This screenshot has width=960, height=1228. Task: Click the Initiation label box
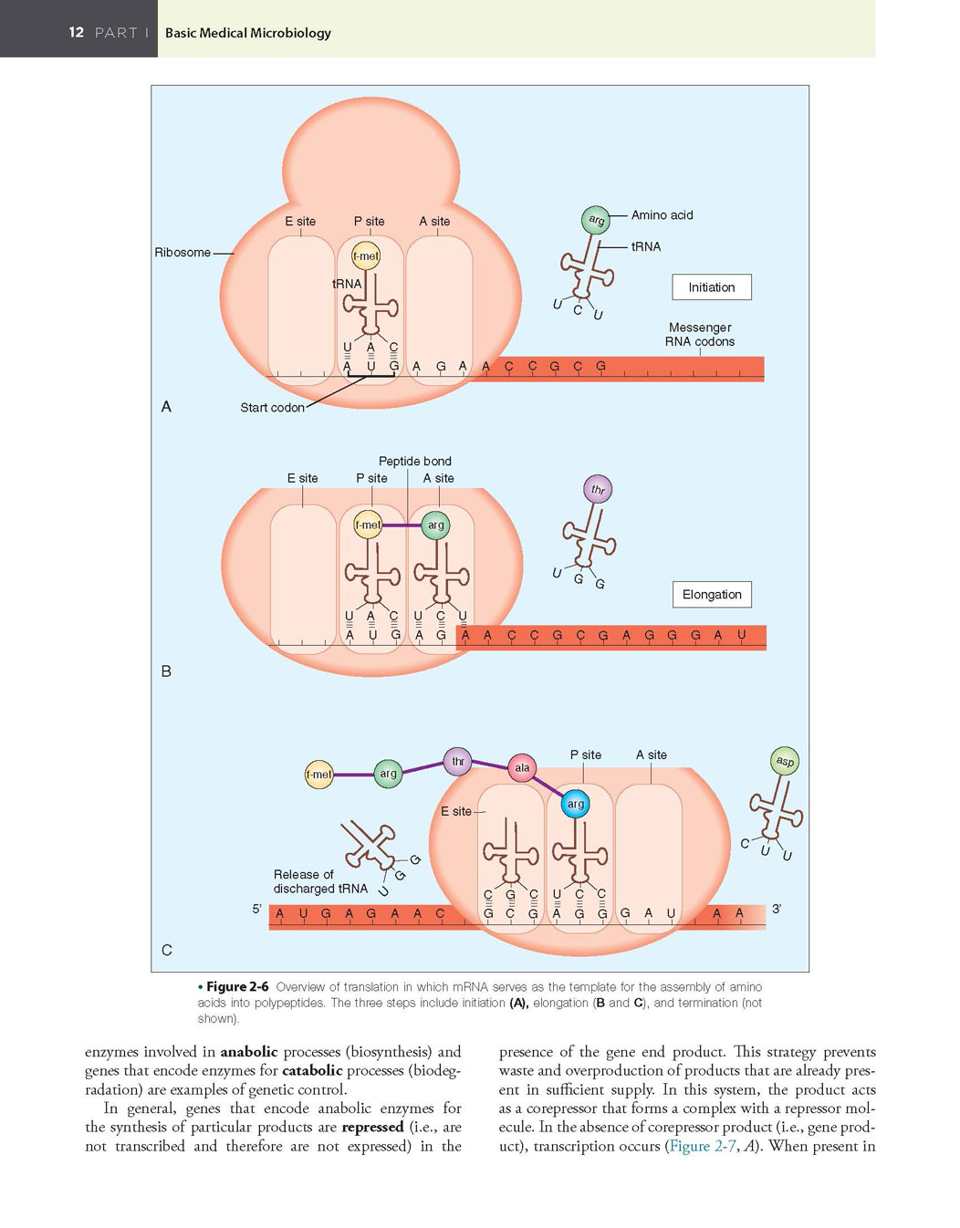[x=712, y=287]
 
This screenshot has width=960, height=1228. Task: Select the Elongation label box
[x=712, y=595]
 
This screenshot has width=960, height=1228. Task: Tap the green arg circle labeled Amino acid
[x=596, y=220]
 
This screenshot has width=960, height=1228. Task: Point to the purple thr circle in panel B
[x=598, y=489]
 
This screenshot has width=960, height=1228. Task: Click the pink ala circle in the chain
[x=522, y=768]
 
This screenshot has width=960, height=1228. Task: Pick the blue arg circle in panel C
[x=575, y=804]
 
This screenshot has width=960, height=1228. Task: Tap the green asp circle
[x=785, y=761]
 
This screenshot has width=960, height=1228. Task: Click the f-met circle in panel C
[x=318, y=775]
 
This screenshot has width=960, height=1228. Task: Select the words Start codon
[x=272, y=408]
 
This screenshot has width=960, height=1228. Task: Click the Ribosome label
[x=183, y=253]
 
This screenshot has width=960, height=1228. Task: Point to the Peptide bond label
[x=414, y=461]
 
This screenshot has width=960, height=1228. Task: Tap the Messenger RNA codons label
[x=700, y=335]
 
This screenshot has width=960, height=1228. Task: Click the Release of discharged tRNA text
[x=320, y=881]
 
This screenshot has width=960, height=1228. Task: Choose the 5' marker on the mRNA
[x=257, y=909]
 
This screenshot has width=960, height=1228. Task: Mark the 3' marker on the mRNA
[x=777, y=909]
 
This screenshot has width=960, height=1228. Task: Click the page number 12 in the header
[x=77, y=32]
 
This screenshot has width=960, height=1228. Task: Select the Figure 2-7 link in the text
[x=703, y=1146]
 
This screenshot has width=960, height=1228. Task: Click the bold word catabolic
[x=312, y=1070]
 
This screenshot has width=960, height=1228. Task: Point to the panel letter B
[x=166, y=671]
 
